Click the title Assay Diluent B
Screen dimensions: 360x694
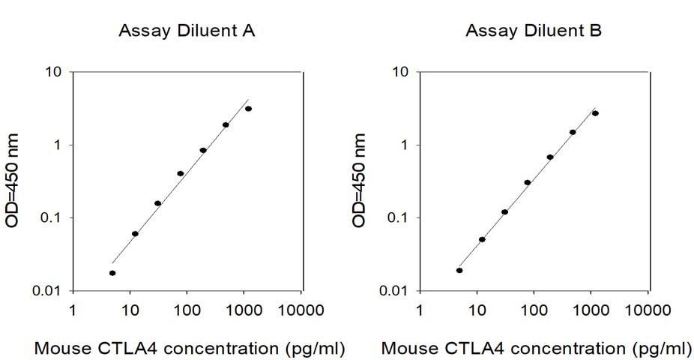point(533,31)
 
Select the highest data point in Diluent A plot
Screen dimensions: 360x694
point(248,109)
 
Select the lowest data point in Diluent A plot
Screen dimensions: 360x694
point(112,273)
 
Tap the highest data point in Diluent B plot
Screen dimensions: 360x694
point(595,113)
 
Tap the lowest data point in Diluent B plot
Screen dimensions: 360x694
point(459,270)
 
